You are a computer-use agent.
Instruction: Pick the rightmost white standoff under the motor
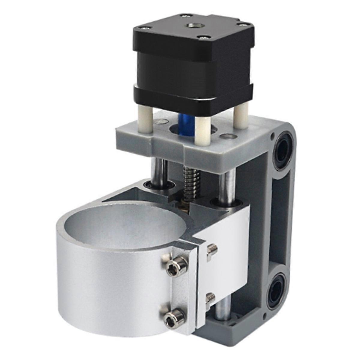240,117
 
